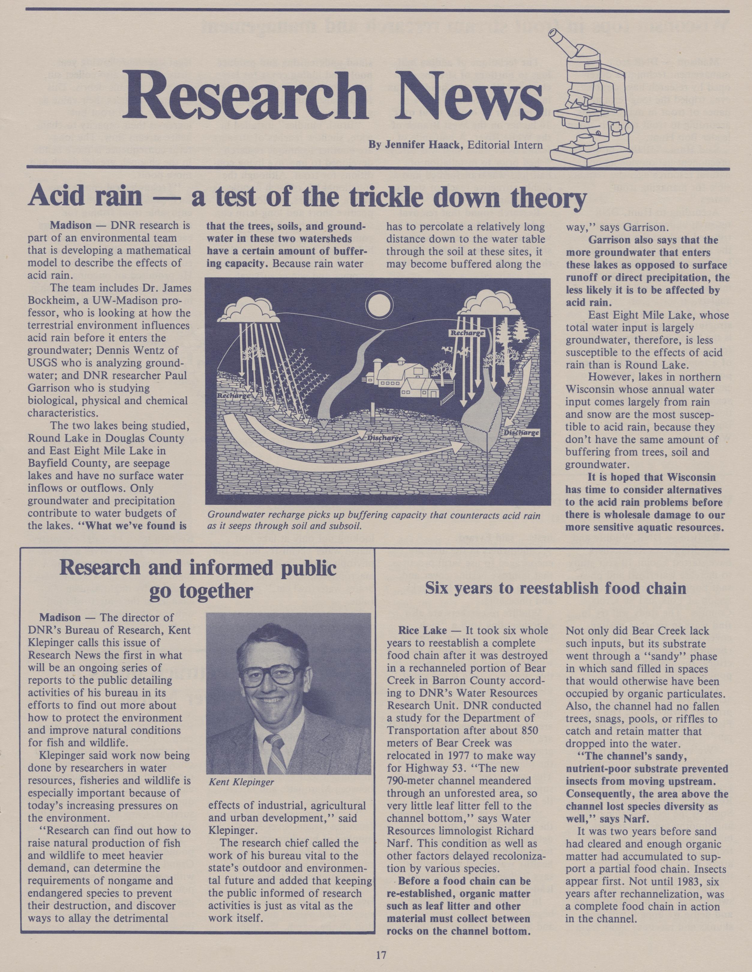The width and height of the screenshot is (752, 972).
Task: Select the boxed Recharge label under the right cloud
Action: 467,333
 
